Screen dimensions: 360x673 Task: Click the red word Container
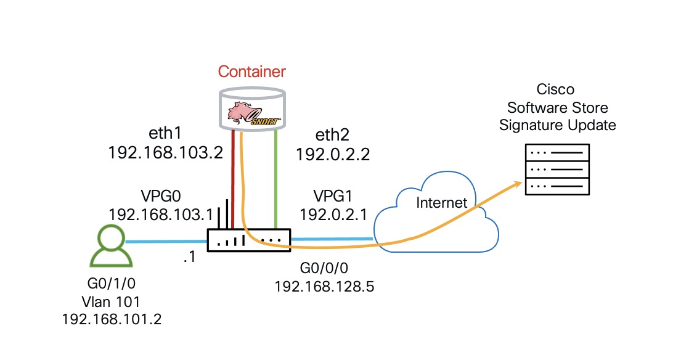click(251, 72)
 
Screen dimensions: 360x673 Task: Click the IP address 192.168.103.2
click(165, 153)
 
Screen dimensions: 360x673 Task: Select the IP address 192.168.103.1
click(160, 214)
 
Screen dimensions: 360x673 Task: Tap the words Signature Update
click(558, 125)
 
